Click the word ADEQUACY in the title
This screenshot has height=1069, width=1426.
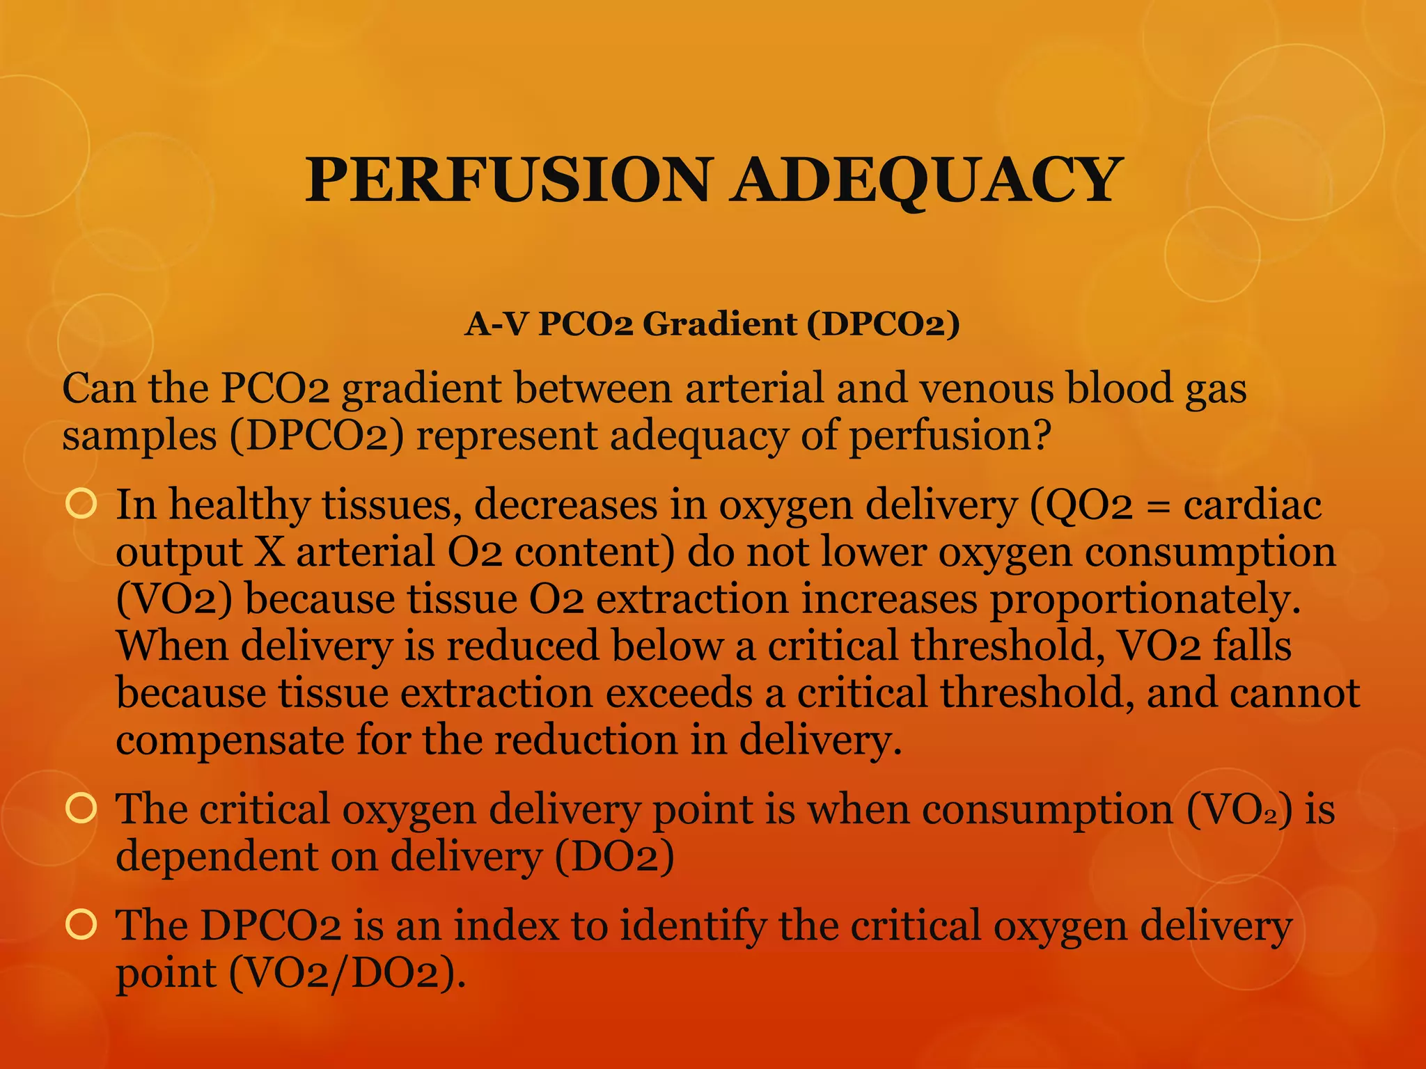pyautogui.click(x=925, y=180)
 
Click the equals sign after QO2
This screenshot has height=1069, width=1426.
pyautogui.click(x=1158, y=507)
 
